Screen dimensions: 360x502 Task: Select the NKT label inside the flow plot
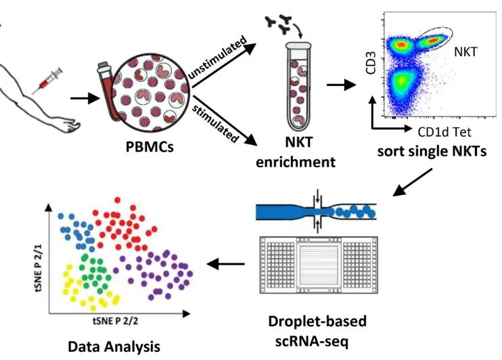[464, 50]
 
